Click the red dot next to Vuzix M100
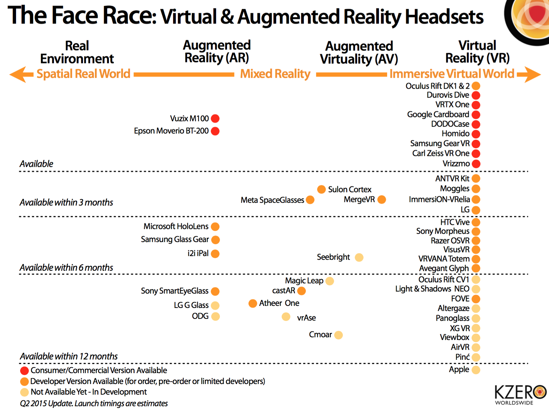215,118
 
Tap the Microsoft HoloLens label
176,226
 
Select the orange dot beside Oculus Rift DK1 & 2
476,86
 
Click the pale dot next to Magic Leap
330,281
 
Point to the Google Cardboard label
438,114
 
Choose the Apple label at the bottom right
459,369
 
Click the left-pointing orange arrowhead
19,74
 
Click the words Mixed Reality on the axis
275,74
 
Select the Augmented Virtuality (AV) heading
359,53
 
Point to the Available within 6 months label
66,268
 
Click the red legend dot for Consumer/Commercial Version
24,370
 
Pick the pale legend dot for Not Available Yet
24,392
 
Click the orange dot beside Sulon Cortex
321,189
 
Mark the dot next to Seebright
359,257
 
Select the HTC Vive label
455,222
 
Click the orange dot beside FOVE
476,299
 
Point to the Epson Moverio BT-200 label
171,131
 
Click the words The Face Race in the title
82,16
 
